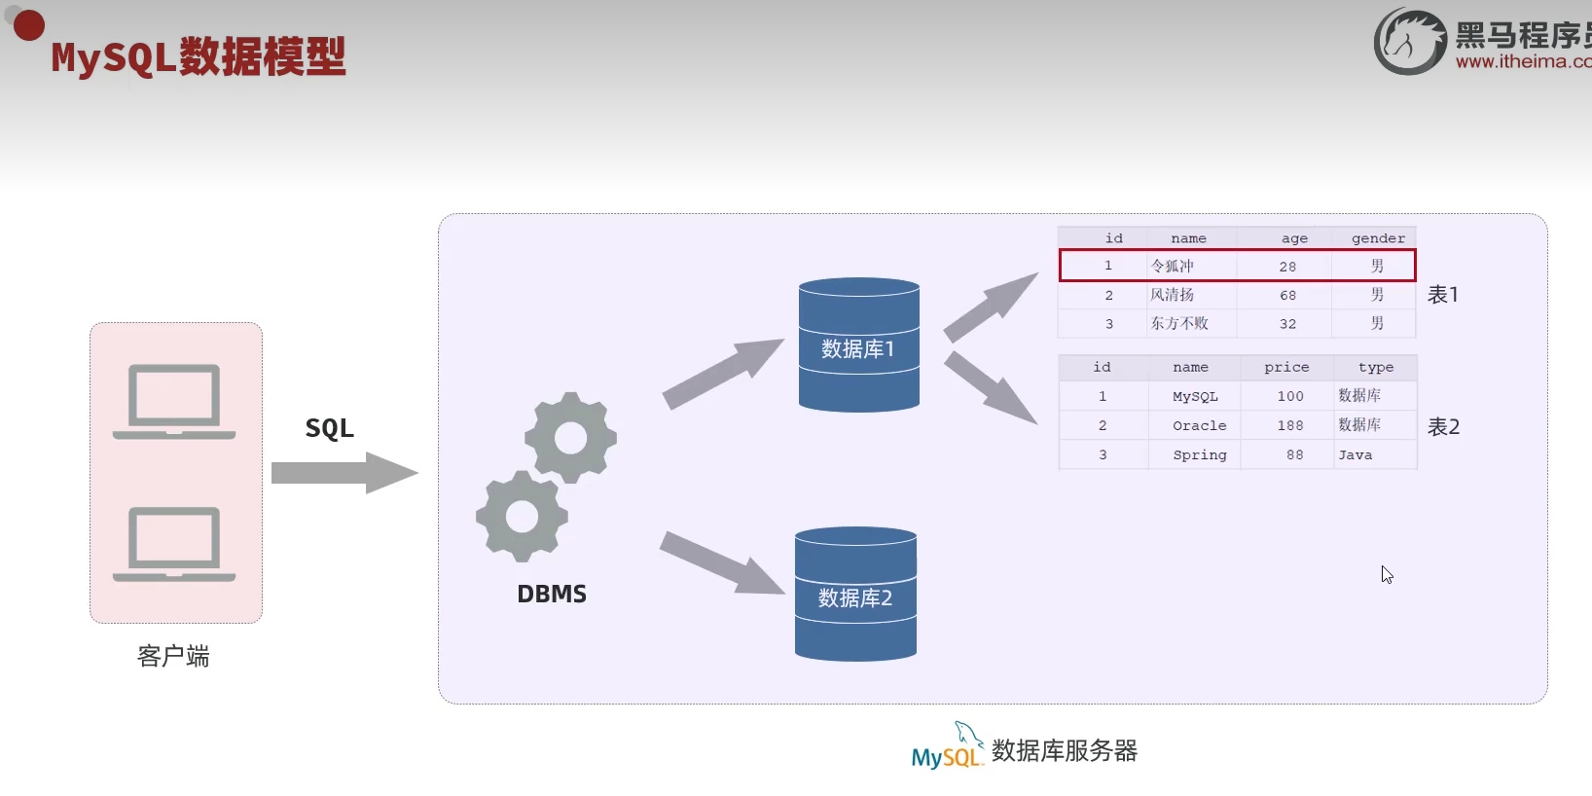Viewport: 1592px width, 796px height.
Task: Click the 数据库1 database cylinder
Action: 858,345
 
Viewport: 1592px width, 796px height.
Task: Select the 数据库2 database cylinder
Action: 855,595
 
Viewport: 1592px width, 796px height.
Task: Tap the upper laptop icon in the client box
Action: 175,401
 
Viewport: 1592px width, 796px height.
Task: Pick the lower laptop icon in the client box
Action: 175,543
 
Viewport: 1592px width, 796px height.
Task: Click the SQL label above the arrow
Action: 329,428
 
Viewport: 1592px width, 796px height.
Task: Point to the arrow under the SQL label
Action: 344,473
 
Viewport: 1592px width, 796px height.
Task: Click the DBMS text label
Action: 552,594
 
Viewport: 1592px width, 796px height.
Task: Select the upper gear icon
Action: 570,437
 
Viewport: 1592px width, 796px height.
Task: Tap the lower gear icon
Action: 522,516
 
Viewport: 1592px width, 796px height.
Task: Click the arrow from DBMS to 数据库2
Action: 721,561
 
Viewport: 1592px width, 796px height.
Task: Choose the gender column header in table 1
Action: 1378,238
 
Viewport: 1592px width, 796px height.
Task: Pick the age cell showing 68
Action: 1287,295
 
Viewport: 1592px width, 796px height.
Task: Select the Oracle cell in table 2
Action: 1199,425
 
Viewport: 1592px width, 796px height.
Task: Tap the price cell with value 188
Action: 1289,425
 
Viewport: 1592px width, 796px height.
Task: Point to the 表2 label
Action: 1443,426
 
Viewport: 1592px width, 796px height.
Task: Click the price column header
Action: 1286,367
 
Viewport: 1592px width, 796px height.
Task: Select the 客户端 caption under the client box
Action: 173,657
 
